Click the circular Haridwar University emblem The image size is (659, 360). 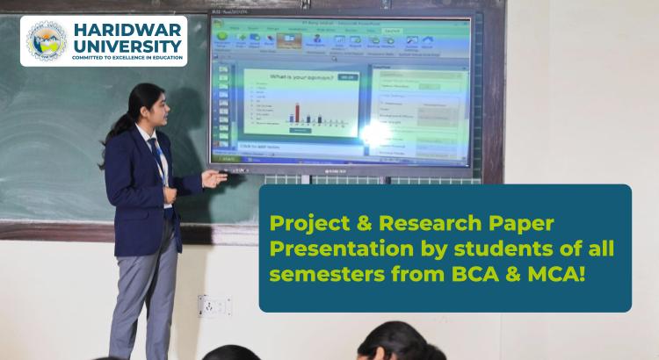click(x=46, y=40)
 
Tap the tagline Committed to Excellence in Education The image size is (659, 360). click(x=128, y=58)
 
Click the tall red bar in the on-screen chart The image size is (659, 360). click(x=296, y=112)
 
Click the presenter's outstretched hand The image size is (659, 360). click(x=214, y=178)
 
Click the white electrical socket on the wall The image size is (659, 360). click(x=213, y=306)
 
